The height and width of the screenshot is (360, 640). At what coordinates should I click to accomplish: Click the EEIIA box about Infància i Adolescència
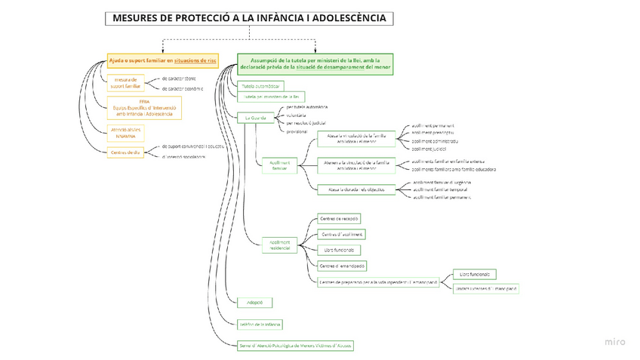[x=144, y=107]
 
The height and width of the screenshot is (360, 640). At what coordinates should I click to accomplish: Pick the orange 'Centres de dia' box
[x=125, y=152]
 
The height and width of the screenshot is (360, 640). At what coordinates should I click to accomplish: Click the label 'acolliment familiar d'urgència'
[x=444, y=183]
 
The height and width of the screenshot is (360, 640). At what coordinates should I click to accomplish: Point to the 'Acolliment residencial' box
[x=280, y=245]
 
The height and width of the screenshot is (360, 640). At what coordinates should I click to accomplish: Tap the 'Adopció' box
[x=254, y=302]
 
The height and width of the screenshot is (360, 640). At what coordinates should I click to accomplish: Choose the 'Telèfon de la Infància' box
[x=260, y=324]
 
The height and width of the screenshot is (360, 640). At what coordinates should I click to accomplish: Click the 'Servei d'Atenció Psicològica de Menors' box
[x=295, y=345]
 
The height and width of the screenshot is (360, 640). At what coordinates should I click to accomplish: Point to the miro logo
[x=615, y=342]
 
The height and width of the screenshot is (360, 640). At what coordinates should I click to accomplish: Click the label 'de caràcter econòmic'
[x=183, y=88]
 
